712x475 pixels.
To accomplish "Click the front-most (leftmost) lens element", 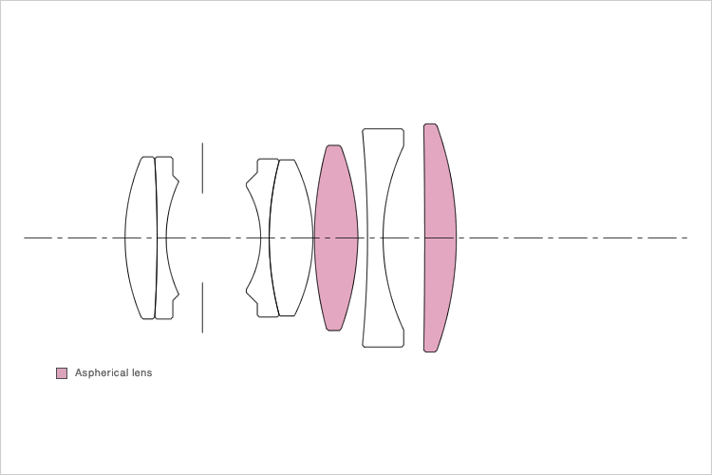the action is click(x=141, y=237).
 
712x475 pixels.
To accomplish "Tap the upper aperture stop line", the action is click(x=202, y=168).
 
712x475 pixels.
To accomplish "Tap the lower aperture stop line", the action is click(x=202, y=307).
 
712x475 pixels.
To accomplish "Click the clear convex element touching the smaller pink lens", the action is click(x=291, y=237).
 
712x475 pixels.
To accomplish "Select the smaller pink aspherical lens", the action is click(x=336, y=237).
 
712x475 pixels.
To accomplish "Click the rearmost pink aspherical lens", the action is click(x=440, y=237).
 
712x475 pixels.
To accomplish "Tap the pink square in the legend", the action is click(x=62, y=373).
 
